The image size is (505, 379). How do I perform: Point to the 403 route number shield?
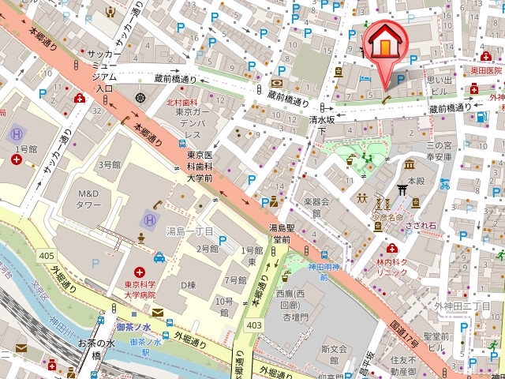click(x=254, y=325)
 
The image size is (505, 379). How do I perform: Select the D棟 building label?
click(x=188, y=284)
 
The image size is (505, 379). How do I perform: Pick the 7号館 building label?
click(x=234, y=280)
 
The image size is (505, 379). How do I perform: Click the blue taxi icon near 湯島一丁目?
click(x=159, y=257)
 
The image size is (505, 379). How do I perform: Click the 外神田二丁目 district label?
click(x=462, y=306)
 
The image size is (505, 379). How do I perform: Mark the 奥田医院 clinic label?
click(x=486, y=70)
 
